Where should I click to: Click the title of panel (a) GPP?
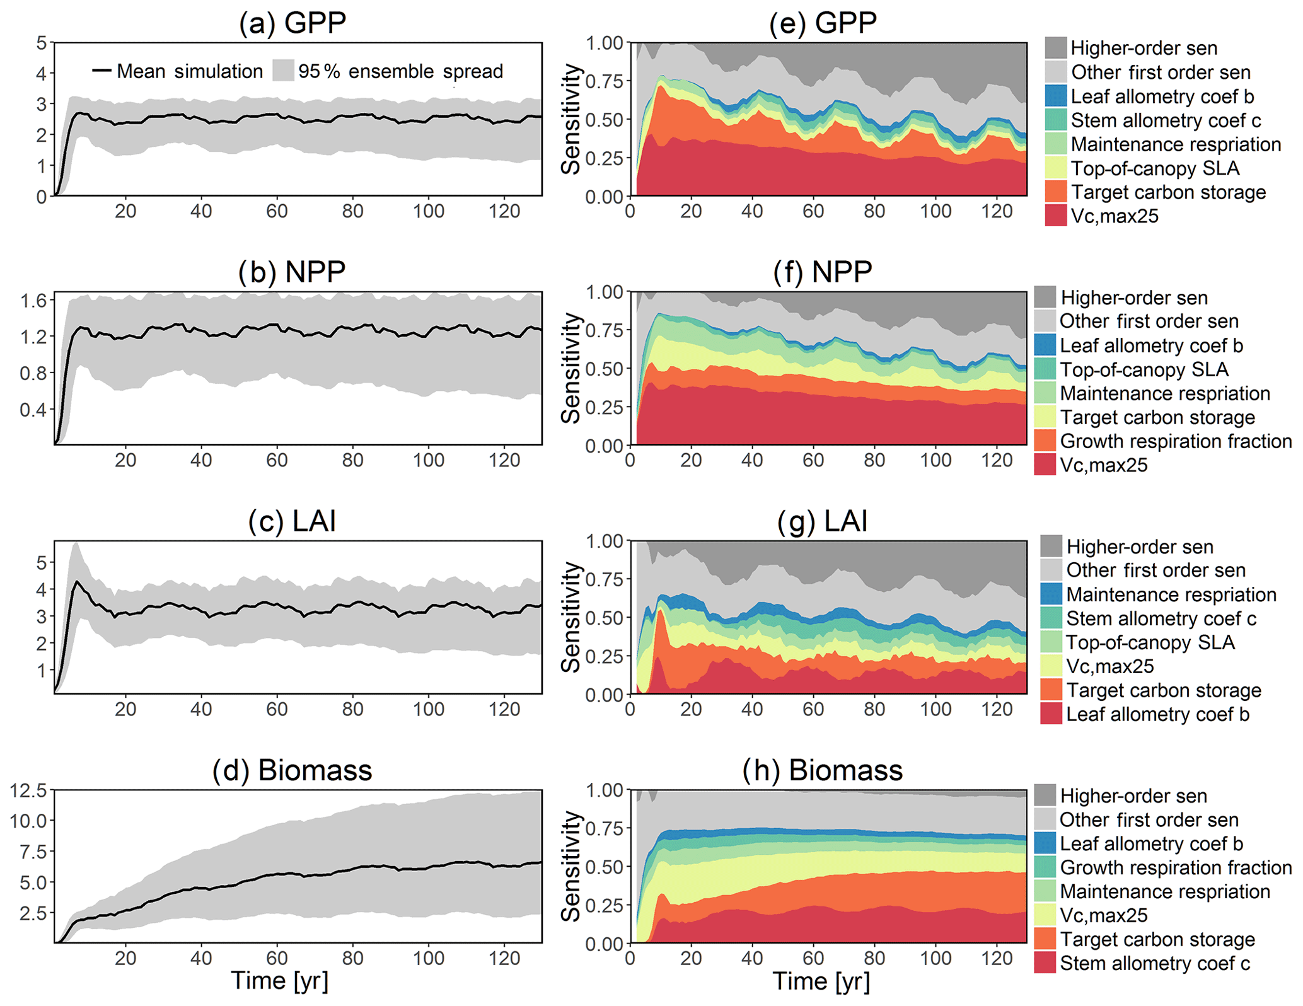click(x=292, y=23)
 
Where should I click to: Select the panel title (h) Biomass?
click(x=822, y=770)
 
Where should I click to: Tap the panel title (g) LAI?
click(x=822, y=521)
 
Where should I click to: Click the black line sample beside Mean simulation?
click(x=101, y=71)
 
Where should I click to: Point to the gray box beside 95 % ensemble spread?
click(x=283, y=71)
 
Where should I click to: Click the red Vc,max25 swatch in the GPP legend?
click(x=1055, y=216)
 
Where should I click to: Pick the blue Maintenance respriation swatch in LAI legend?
click(x=1051, y=594)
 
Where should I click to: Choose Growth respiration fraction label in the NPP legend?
click(x=1176, y=441)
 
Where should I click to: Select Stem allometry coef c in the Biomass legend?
click(x=1154, y=963)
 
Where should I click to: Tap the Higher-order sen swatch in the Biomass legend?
click(x=1045, y=795)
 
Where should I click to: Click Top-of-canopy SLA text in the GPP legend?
click(x=1155, y=168)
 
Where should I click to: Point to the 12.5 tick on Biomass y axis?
click(x=28, y=790)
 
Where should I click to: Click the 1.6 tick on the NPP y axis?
click(x=33, y=300)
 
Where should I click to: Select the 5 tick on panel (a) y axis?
click(x=42, y=43)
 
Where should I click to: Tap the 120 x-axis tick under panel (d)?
click(x=504, y=958)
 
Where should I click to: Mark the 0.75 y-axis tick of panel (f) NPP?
click(x=604, y=330)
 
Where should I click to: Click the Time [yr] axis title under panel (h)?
click(x=821, y=981)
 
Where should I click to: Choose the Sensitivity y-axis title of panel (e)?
click(x=571, y=120)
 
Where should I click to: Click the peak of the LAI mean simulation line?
click(x=76, y=582)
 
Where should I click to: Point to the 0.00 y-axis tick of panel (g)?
click(x=604, y=695)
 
